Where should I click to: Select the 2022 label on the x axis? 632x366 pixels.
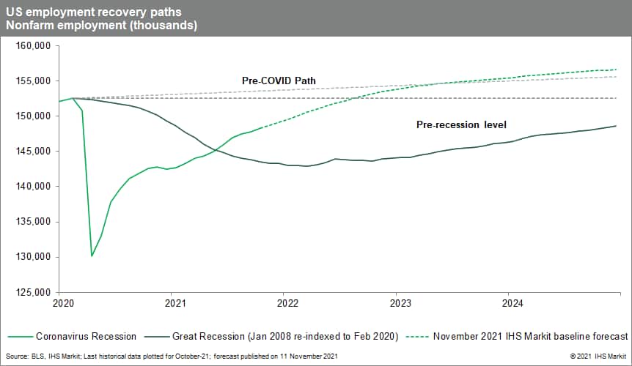(x=287, y=302)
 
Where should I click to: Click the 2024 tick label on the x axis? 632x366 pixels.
(x=511, y=302)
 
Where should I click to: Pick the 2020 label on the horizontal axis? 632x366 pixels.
(x=62, y=302)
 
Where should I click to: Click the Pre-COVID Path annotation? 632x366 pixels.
(x=279, y=80)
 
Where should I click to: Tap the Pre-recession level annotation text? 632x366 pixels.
(x=461, y=124)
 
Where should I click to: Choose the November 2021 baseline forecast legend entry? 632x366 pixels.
(x=530, y=337)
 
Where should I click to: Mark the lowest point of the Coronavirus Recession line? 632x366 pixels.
(x=92, y=255)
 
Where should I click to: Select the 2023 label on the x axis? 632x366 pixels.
(x=399, y=302)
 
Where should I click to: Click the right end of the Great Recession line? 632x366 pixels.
(x=616, y=126)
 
